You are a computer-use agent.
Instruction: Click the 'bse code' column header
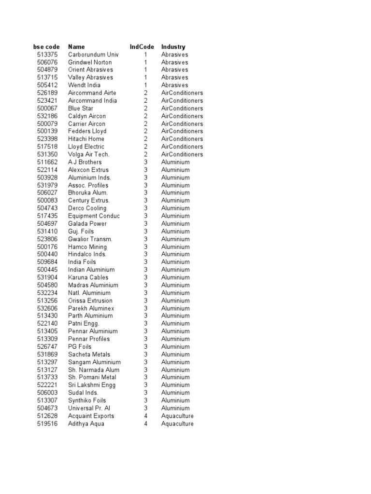46,47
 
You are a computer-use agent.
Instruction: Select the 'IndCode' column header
142,47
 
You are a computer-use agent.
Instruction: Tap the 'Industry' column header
173,47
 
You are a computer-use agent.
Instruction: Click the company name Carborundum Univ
93,55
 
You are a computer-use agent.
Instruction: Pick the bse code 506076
47,62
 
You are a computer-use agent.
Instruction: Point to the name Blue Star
81,108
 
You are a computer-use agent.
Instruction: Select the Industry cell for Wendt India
175,85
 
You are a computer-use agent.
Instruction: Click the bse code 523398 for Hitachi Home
47,139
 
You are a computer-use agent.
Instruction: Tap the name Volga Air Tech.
89,154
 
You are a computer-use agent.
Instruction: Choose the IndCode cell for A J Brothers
145,162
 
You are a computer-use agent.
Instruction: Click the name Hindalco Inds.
87,254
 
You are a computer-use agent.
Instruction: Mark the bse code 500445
47,270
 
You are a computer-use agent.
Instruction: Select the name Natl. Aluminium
89,293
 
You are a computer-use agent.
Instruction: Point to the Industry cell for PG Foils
175,346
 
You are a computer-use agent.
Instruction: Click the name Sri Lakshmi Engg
92,385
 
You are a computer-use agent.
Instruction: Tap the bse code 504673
47,408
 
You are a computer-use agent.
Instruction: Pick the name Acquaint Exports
91,416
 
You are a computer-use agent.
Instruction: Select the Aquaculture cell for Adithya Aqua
177,424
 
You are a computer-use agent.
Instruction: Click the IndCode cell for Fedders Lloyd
145,131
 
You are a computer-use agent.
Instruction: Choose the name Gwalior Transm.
90,239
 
